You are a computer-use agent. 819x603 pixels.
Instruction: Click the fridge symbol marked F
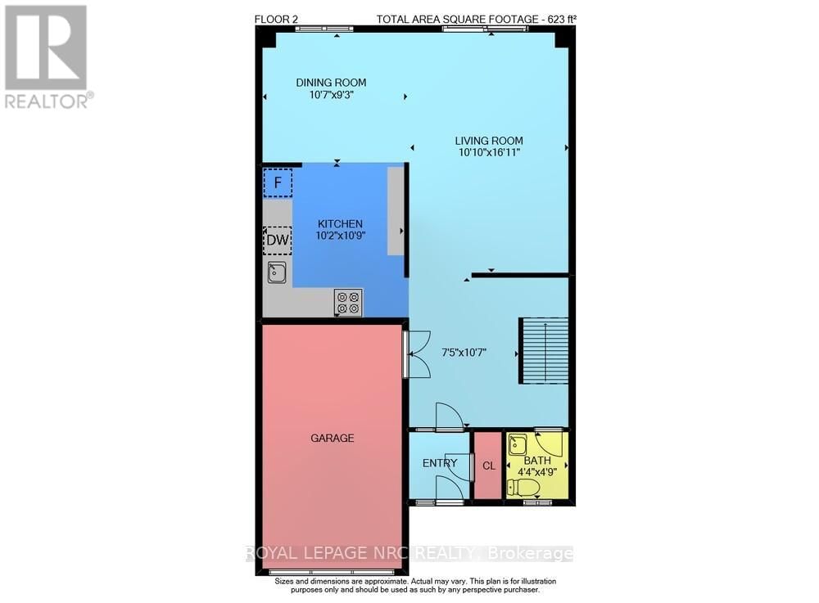coord(277,182)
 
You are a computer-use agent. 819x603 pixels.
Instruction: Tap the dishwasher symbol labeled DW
coord(277,241)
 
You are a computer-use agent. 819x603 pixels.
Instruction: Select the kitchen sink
coord(277,272)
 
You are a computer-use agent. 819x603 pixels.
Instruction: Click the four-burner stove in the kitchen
coord(348,302)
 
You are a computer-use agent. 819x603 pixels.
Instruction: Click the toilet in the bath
coord(523,488)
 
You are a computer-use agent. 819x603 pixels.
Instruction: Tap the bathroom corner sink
coord(518,445)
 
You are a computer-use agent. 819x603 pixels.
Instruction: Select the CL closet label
coord(489,466)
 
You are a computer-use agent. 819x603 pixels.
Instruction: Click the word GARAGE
coord(332,439)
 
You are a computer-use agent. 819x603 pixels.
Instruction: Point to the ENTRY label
coord(440,463)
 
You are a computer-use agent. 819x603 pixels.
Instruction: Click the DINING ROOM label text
coord(331,83)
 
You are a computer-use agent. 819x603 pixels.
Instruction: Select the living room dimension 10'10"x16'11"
coord(488,152)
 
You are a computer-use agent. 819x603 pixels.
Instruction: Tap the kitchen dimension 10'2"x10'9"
coord(340,236)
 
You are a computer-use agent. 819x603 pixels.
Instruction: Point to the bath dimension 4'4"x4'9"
coord(536,471)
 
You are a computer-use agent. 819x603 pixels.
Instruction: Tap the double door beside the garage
coord(417,353)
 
